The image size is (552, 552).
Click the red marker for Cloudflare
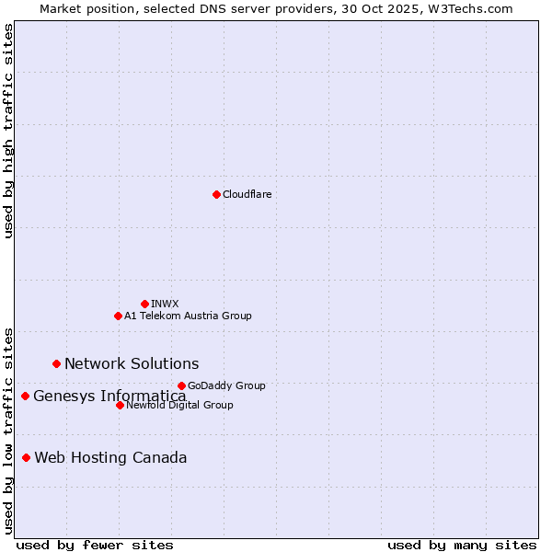tap(216, 194)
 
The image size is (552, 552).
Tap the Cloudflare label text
tap(247, 194)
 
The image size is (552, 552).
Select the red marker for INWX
tap(144, 304)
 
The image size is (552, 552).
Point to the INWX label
tap(165, 304)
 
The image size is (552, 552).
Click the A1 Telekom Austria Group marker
tap(118, 316)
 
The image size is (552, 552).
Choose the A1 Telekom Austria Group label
tap(188, 316)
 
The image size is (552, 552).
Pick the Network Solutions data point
tap(56, 363)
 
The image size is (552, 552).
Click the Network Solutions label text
tap(132, 364)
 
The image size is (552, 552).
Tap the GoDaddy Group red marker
tap(181, 385)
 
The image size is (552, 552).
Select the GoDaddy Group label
tap(226, 385)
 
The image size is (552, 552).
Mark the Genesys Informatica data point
tap(25, 396)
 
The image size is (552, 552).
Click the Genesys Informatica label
tap(109, 397)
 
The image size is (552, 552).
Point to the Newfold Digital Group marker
tap(120, 405)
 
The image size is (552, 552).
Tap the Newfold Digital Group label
tap(179, 405)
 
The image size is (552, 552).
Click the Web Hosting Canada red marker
tap(26, 457)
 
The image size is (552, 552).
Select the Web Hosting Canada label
tap(110, 458)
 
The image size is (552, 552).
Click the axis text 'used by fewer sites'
tap(95, 546)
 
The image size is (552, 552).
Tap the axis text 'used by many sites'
tap(462, 546)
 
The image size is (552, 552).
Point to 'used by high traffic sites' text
tap(8, 131)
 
